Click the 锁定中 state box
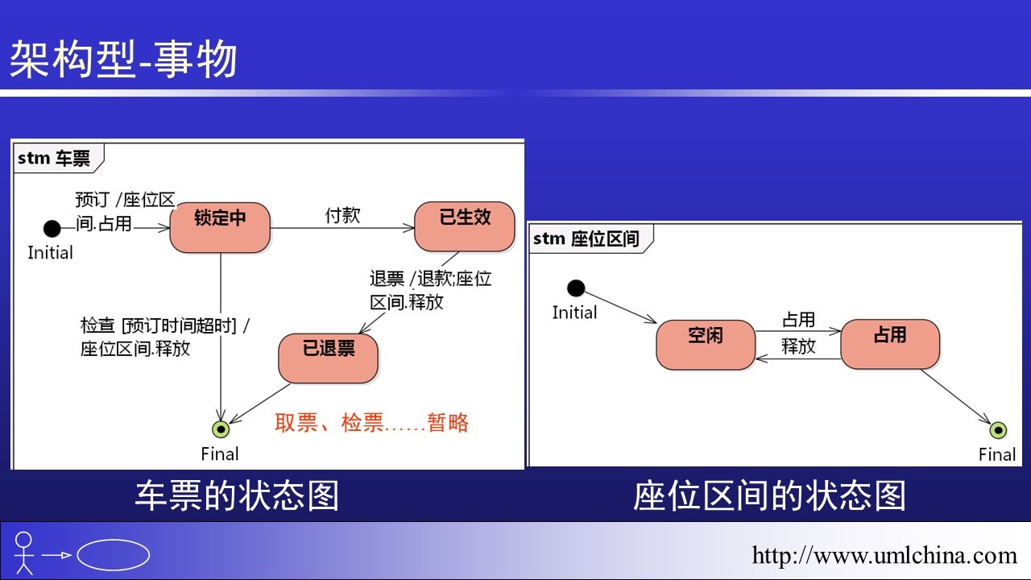220,227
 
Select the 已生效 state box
465,226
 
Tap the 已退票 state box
329,358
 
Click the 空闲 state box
706,345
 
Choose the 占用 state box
890,344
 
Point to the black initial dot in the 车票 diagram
52,229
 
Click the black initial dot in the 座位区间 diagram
575,288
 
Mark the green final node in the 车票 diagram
220,429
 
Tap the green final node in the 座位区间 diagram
998,430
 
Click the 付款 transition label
342,215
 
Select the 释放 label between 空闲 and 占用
798,346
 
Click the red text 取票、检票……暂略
371,423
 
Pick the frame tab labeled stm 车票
55,158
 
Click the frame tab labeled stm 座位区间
586,238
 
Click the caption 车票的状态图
237,495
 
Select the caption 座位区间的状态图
769,495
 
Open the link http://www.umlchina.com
884,555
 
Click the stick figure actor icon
24,553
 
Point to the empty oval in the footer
114,555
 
